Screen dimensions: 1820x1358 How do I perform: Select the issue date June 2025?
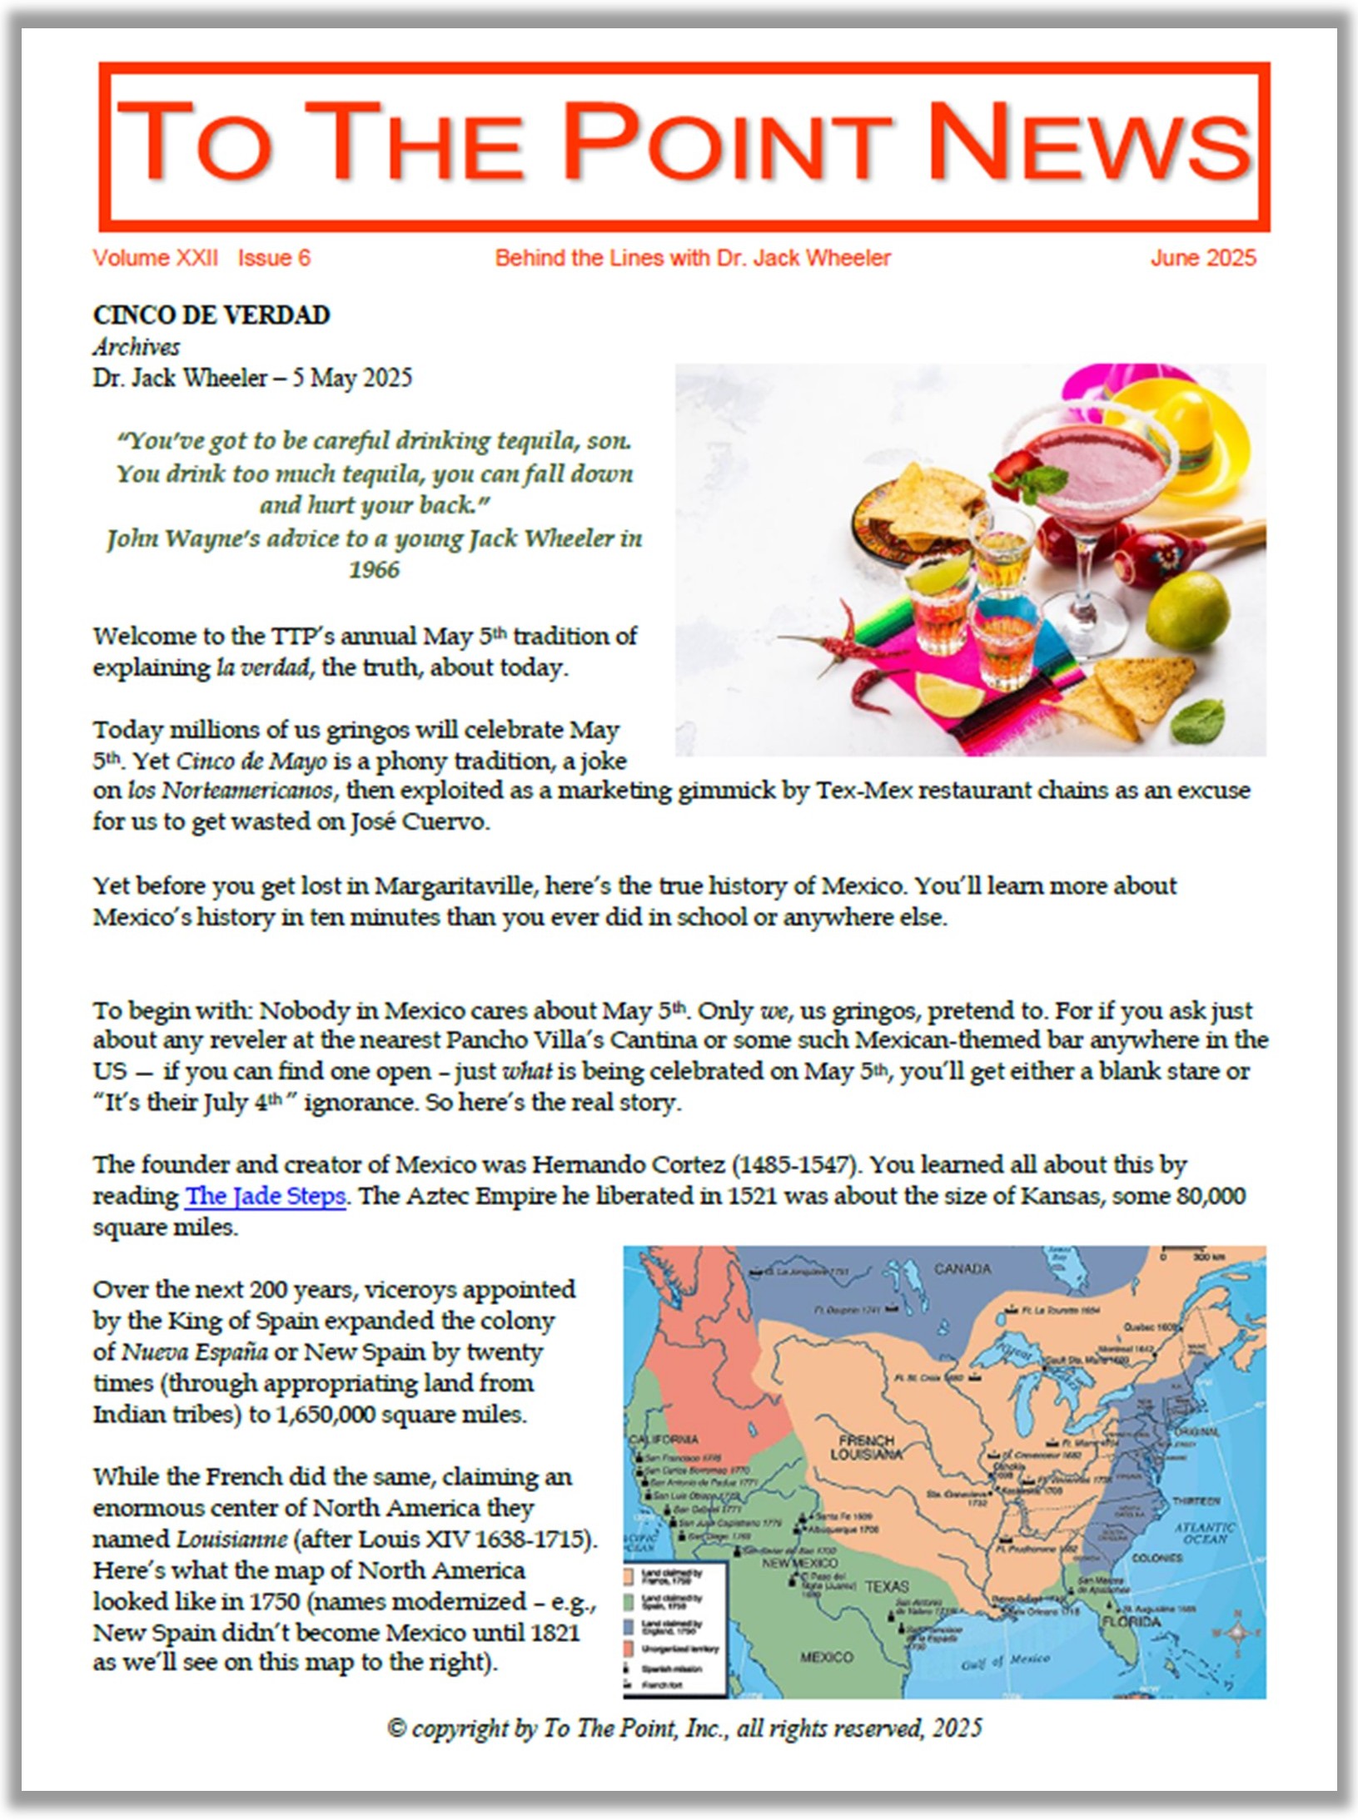(x=1202, y=258)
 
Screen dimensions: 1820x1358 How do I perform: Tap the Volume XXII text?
(x=155, y=258)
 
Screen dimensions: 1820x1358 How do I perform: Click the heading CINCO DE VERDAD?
(x=211, y=315)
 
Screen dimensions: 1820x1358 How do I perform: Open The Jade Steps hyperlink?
(x=265, y=1196)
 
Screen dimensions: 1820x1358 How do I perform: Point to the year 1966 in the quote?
(x=374, y=570)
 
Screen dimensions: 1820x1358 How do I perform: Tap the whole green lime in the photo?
(x=1187, y=612)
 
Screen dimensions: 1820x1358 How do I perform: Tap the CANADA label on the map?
(x=962, y=1269)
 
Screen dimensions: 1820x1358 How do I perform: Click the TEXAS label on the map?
(x=886, y=1586)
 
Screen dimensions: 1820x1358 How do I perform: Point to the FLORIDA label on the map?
(x=1131, y=1622)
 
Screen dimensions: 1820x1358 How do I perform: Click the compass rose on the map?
(x=1236, y=1633)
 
